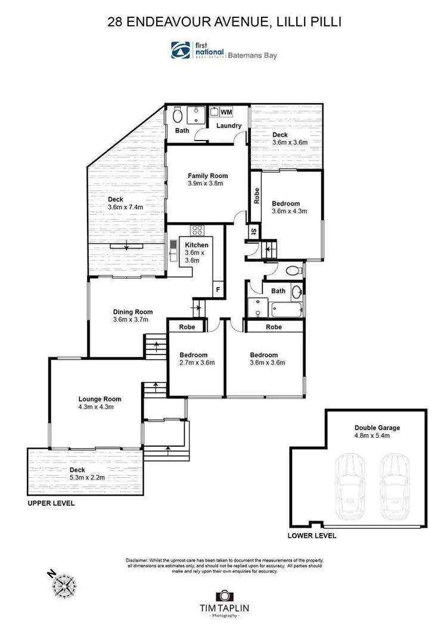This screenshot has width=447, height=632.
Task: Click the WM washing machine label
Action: click(x=226, y=112)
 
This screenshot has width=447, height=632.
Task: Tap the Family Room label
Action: click(x=207, y=176)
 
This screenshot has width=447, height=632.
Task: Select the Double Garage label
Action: click(x=377, y=427)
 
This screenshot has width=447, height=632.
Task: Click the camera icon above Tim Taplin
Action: click(x=223, y=596)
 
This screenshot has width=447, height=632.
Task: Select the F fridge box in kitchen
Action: click(x=218, y=291)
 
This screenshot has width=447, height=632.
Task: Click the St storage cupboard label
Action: click(x=253, y=231)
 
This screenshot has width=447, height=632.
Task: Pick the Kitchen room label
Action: click(x=197, y=245)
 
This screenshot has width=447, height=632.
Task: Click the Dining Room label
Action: click(x=133, y=312)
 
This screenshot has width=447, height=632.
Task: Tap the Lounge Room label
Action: click(x=100, y=399)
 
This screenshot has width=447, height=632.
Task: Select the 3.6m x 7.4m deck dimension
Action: click(x=126, y=207)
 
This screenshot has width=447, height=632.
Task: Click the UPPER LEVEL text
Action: click(x=51, y=503)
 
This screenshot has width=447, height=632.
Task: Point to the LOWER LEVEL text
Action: click(x=312, y=536)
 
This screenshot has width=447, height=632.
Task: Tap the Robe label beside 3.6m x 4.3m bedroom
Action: click(x=256, y=196)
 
